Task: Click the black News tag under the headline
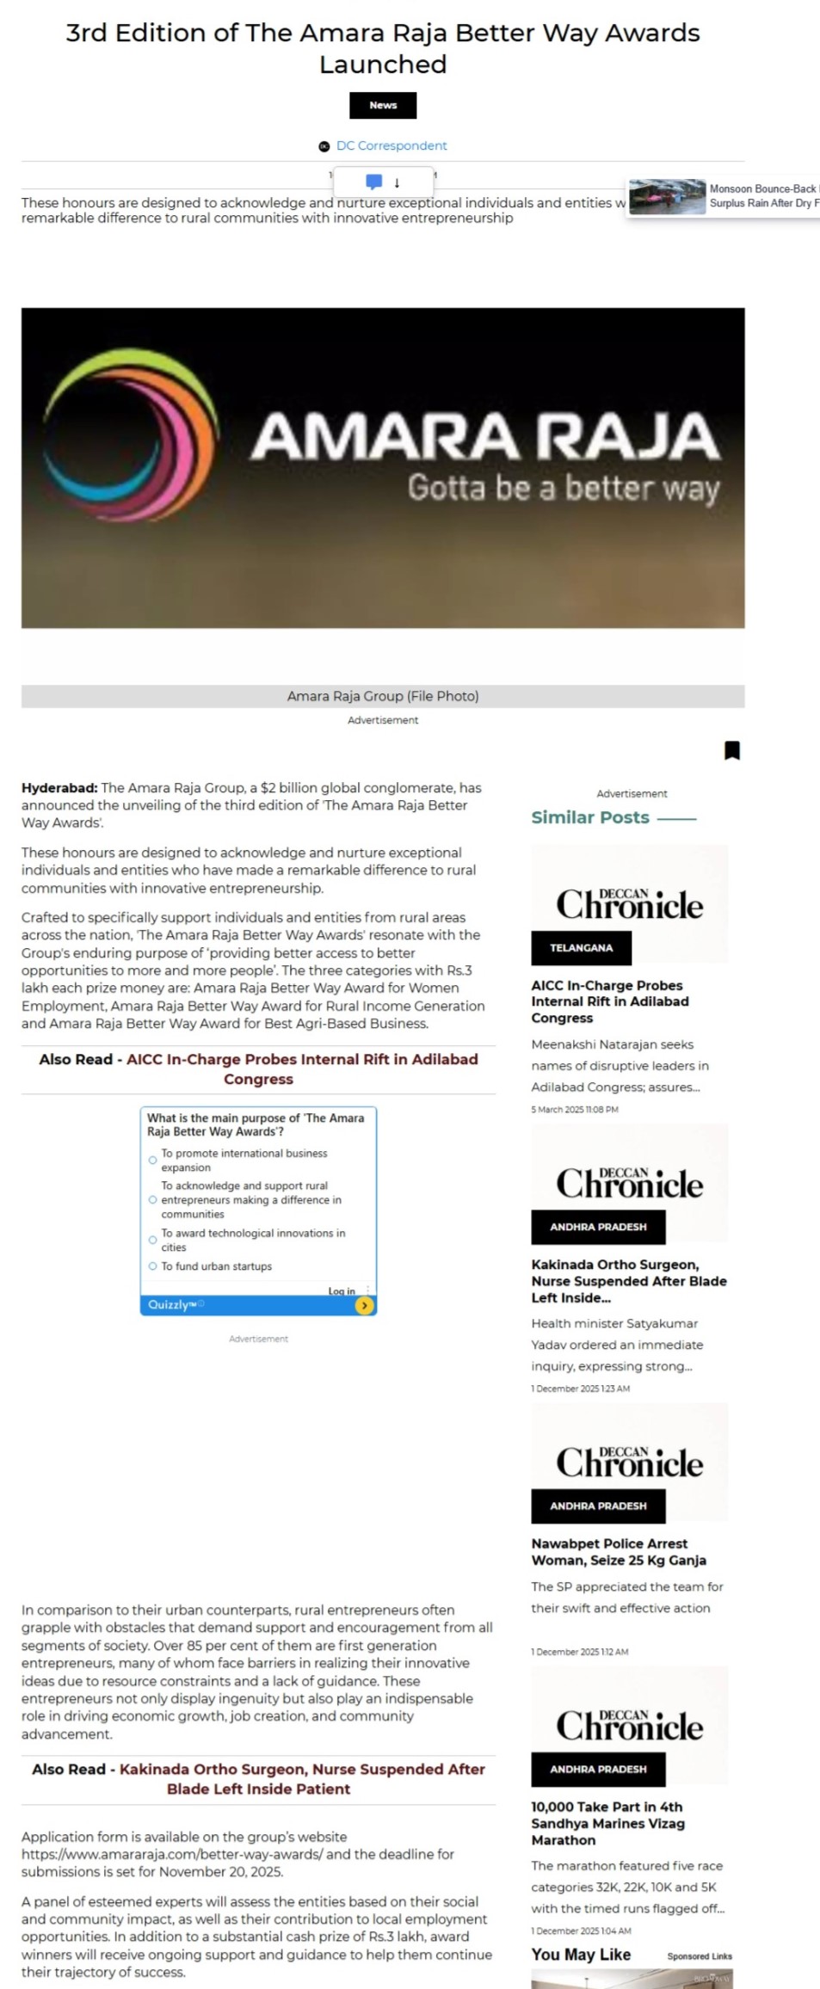click(x=383, y=105)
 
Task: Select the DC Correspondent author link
click(x=392, y=146)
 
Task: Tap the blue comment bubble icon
click(x=373, y=182)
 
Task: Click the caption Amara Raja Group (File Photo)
click(x=383, y=696)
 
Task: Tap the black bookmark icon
click(x=732, y=750)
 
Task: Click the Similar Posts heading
click(x=590, y=817)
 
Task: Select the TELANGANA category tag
click(x=582, y=947)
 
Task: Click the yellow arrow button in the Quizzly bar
click(x=365, y=1305)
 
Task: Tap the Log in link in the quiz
click(x=342, y=1290)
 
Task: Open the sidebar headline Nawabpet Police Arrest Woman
click(x=619, y=1551)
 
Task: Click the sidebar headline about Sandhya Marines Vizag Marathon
click(x=607, y=1823)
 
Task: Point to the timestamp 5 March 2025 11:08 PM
click(x=575, y=1109)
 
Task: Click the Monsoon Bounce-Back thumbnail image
click(x=667, y=197)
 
